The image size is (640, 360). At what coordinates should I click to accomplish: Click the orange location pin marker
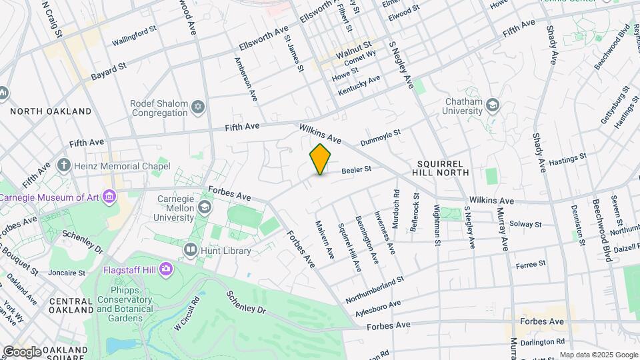click(x=321, y=159)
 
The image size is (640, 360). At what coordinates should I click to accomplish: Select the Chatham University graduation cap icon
click(x=492, y=105)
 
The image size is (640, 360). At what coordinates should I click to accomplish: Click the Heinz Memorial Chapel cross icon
click(x=64, y=165)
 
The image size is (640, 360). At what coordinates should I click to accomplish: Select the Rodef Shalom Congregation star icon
click(x=197, y=107)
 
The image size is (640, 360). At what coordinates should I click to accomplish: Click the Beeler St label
click(x=356, y=171)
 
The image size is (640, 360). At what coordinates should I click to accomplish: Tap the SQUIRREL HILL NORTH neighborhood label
click(x=443, y=167)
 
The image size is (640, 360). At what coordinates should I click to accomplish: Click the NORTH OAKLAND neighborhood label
click(x=51, y=111)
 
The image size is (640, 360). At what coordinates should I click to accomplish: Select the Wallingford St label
click(x=133, y=42)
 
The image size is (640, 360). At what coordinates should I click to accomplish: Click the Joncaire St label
click(x=67, y=273)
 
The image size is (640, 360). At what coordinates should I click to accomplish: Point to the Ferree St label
click(x=531, y=264)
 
